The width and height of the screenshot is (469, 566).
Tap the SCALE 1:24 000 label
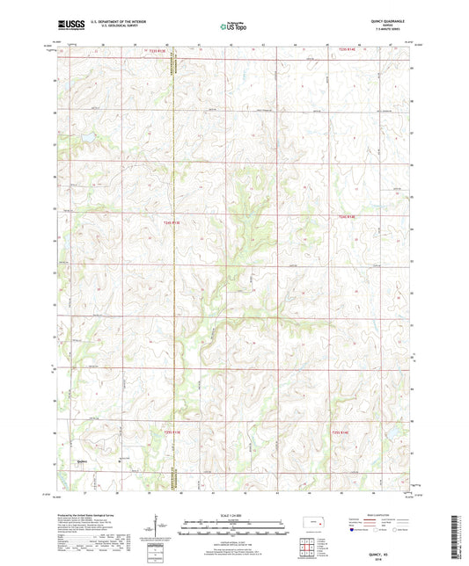point(234,515)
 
